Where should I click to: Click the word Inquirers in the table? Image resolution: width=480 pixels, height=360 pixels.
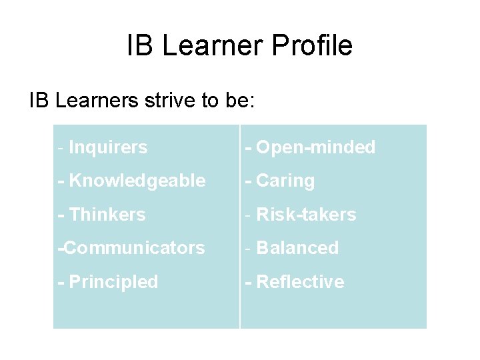click(x=108, y=147)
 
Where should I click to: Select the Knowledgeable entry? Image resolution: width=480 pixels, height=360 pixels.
click(x=137, y=181)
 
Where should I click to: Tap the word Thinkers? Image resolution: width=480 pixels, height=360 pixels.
click(x=107, y=215)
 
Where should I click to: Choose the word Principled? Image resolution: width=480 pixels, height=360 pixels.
click(x=113, y=282)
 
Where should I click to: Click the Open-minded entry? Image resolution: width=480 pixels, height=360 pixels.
click(x=315, y=147)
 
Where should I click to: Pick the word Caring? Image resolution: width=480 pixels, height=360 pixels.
click(x=285, y=181)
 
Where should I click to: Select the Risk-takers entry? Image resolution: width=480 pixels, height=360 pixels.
click(x=306, y=215)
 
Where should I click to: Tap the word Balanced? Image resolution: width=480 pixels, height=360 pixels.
click(x=297, y=248)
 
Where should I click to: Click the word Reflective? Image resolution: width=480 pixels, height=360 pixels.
click(x=300, y=282)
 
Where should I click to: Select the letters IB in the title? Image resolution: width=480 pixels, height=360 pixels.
click(x=140, y=46)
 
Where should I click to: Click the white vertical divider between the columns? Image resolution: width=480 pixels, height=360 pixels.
click(x=239, y=227)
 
